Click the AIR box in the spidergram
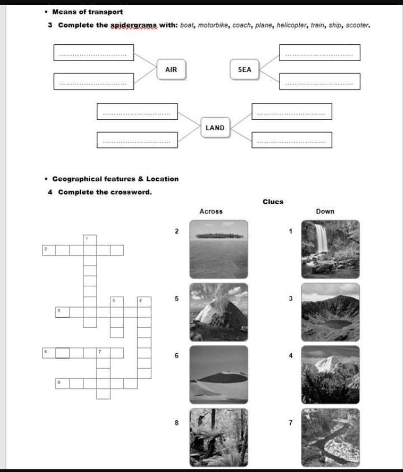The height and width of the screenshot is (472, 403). click(171, 69)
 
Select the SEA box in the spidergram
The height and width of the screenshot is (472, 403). click(244, 69)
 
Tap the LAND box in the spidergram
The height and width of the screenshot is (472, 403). click(215, 128)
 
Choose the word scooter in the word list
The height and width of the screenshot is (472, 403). click(357, 25)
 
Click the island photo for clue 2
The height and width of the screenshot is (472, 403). click(219, 249)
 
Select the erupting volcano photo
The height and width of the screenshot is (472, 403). click(219, 312)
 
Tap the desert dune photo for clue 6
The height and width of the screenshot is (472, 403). click(219, 375)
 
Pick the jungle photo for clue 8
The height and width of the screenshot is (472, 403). click(219, 437)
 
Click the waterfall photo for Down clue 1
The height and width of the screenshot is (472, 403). click(330, 249)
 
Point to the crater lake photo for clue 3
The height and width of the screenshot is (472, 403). click(330, 312)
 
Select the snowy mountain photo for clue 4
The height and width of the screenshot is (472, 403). click(330, 375)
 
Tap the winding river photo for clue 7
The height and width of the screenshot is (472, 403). click(330, 437)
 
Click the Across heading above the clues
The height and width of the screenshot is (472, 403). click(211, 211)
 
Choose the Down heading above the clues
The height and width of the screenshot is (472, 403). click(325, 211)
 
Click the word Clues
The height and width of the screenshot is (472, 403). click(273, 202)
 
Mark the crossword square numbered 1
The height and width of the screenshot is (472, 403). click(90, 240)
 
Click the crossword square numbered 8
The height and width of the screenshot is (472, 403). click(62, 383)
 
